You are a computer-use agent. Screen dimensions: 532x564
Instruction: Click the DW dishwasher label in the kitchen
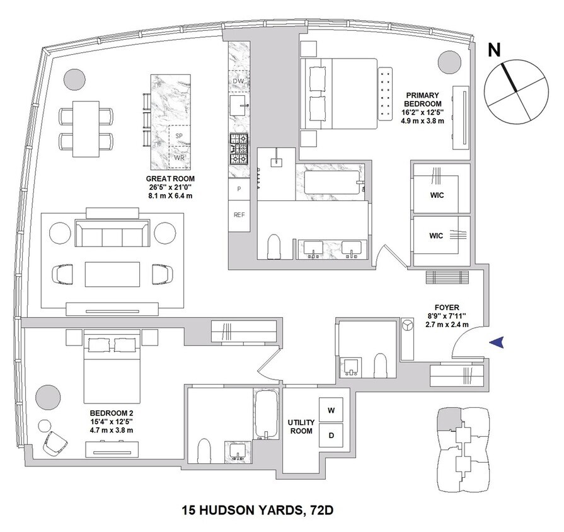click(239, 81)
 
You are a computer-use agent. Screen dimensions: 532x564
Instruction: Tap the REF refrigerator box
click(239, 214)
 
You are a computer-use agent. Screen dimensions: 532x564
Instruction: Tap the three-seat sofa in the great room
click(112, 234)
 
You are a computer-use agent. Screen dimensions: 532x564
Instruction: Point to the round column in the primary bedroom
click(449, 62)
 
